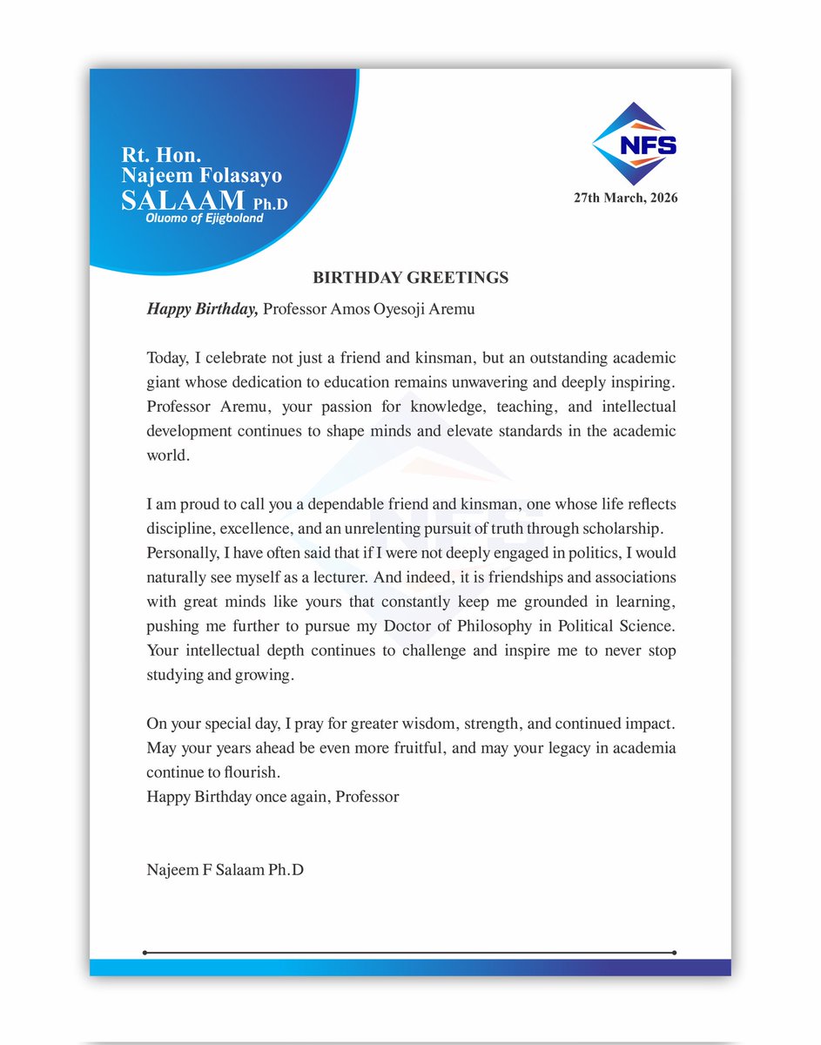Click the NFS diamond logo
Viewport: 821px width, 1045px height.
635,143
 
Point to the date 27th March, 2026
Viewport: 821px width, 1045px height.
625,198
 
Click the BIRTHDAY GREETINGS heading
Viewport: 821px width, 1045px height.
410,278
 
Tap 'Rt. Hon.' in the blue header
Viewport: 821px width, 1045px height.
162,157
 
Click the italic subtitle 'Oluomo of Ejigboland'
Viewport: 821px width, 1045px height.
205,219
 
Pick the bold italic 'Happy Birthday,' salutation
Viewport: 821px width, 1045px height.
202,309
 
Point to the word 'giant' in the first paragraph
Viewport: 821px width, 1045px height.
163,381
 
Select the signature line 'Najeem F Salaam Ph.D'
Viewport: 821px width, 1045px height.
225,868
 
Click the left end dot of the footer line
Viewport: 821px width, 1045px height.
145,953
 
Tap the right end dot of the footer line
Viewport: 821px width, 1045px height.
675,953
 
